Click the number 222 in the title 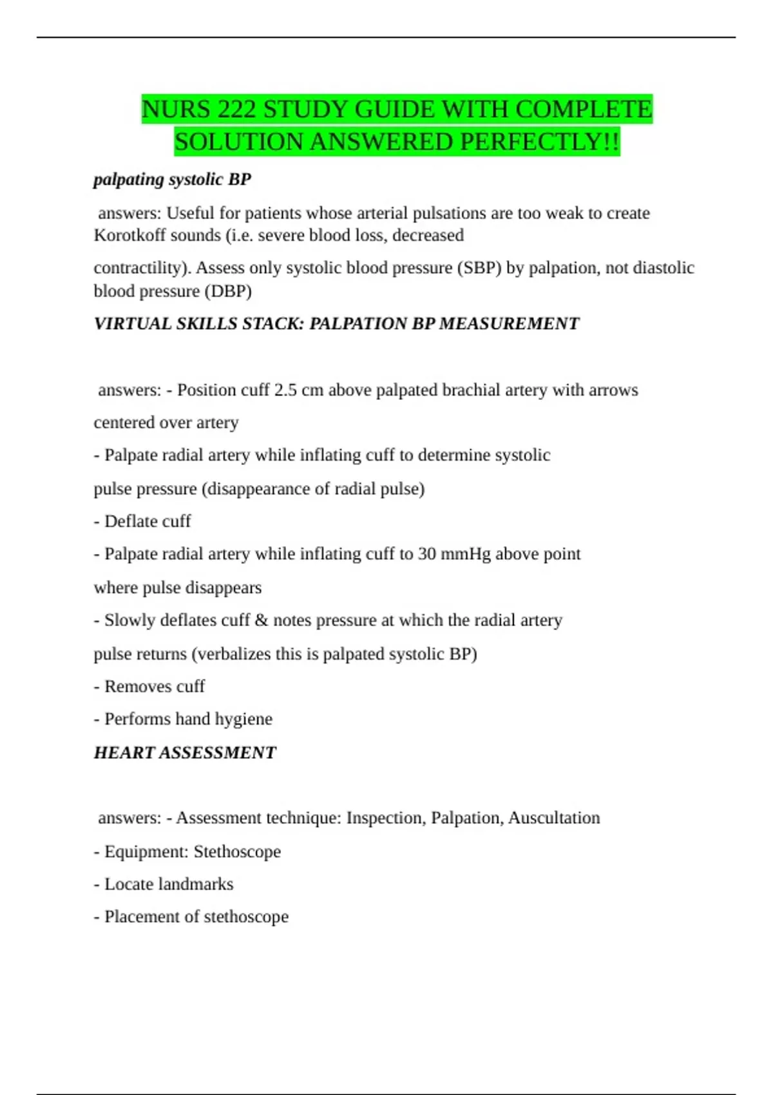pyautogui.click(x=236, y=110)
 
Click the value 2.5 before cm pyautogui.click(x=287, y=390)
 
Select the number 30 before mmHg pyautogui.click(x=426, y=554)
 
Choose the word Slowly pyautogui.click(x=129, y=620)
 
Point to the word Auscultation pyautogui.click(x=554, y=818)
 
